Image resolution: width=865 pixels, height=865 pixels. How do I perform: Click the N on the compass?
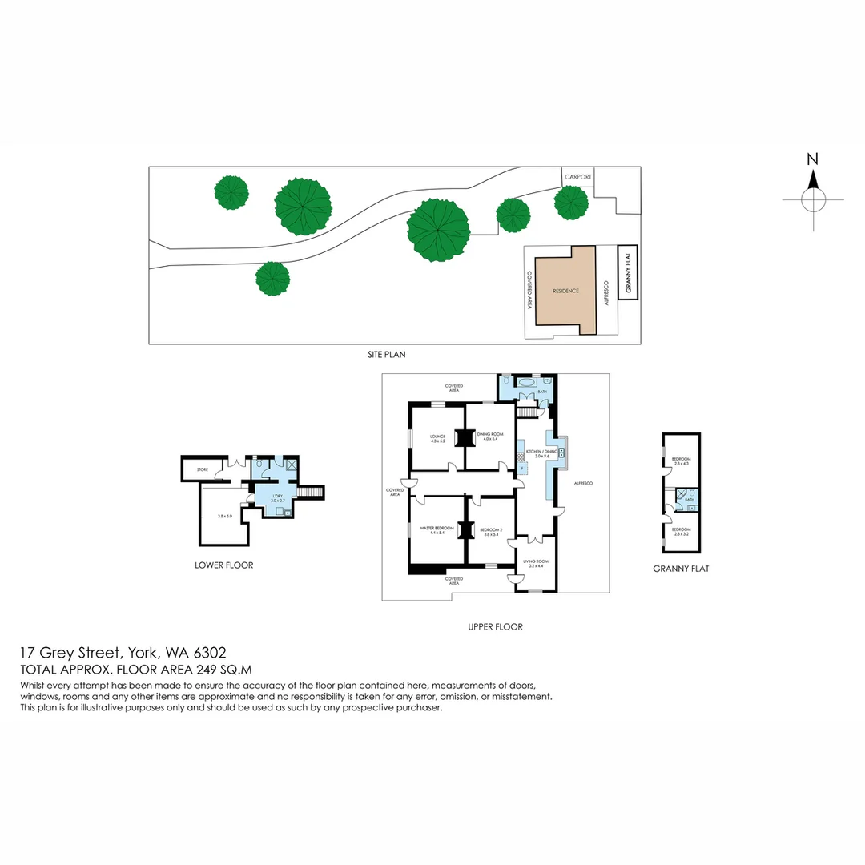click(812, 159)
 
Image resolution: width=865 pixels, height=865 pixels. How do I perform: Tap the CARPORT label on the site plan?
click(577, 175)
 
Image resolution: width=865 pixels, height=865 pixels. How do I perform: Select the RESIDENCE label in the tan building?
click(565, 291)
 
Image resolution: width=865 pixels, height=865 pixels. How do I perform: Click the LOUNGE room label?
click(437, 437)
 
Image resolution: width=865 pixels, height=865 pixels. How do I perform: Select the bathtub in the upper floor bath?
click(526, 384)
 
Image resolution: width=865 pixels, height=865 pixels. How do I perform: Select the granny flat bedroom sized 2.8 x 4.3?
click(682, 461)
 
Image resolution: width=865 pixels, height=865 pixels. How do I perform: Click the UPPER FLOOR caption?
click(495, 627)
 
